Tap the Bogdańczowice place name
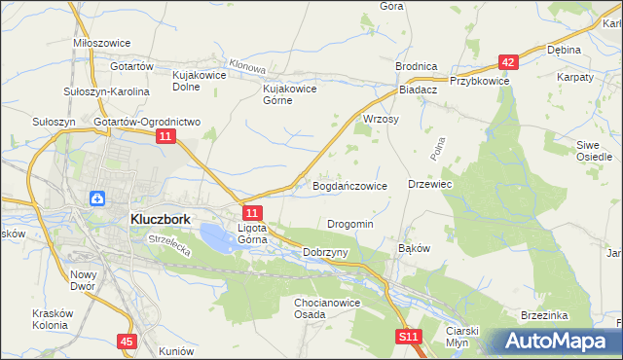tap(350, 185)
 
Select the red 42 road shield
tap(508, 62)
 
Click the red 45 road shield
tap(126, 341)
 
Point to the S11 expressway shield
tap(410, 337)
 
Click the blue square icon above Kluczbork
tap(98, 198)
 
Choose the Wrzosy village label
tap(381, 119)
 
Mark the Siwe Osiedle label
tap(594, 150)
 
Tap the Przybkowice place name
tap(479, 82)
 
